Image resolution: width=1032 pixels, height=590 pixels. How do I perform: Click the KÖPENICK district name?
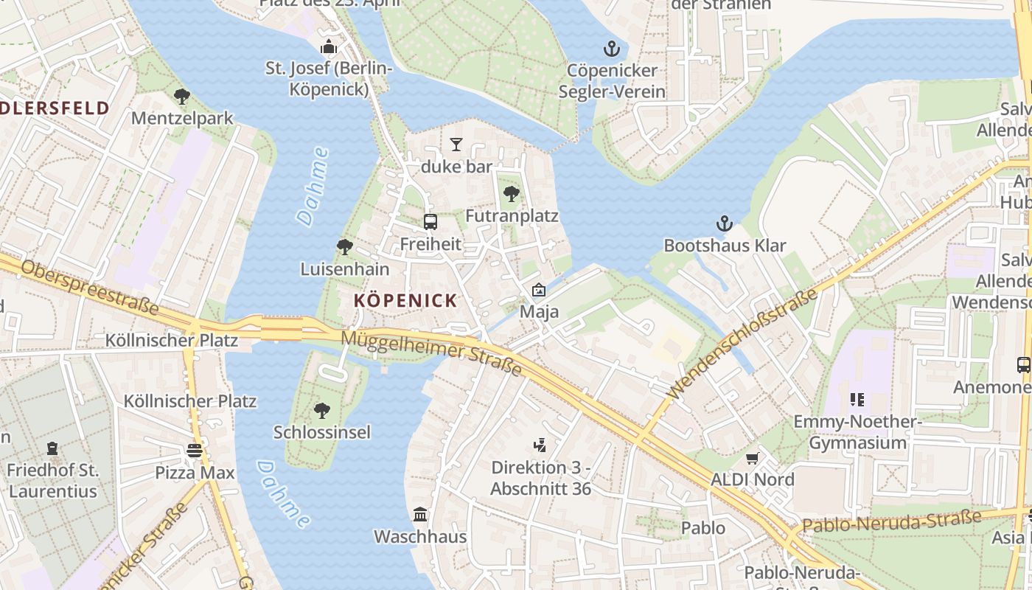click(x=405, y=301)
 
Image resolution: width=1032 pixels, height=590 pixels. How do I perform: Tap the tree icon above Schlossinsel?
click(x=321, y=410)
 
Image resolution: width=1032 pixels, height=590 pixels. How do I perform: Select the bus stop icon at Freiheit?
click(x=430, y=221)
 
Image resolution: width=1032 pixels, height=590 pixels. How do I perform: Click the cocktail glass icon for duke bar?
click(x=456, y=144)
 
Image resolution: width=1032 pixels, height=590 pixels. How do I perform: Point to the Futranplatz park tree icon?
click(x=511, y=194)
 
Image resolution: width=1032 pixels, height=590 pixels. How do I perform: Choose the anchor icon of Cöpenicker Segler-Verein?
click(x=611, y=49)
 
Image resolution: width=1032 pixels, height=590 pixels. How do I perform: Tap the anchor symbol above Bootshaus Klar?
click(x=725, y=223)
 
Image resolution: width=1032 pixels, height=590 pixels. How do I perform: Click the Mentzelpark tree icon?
click(x=181, y=96)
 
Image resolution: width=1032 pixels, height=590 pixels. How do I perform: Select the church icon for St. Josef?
click(x=328, y=47)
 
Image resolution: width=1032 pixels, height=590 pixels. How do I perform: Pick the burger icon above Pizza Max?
click(x=195, y=450)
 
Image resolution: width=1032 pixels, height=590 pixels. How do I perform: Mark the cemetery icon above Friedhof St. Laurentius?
click(x=52, y=448)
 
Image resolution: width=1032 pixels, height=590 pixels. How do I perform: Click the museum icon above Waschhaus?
click(x=420, y=514)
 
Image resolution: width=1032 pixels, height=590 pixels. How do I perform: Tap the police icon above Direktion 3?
click(x=540, y=445)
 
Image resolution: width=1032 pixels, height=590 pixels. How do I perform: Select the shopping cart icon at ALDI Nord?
click(x=752, y=458)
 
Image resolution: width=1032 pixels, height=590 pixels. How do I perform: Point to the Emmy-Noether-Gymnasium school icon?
click(x=857, y=400)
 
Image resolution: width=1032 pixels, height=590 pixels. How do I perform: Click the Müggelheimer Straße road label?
click(x=432, y=353)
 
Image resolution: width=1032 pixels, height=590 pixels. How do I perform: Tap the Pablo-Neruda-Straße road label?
click(x=892, y=521)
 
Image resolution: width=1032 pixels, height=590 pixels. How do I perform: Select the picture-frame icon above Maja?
click(x=539, y=290)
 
